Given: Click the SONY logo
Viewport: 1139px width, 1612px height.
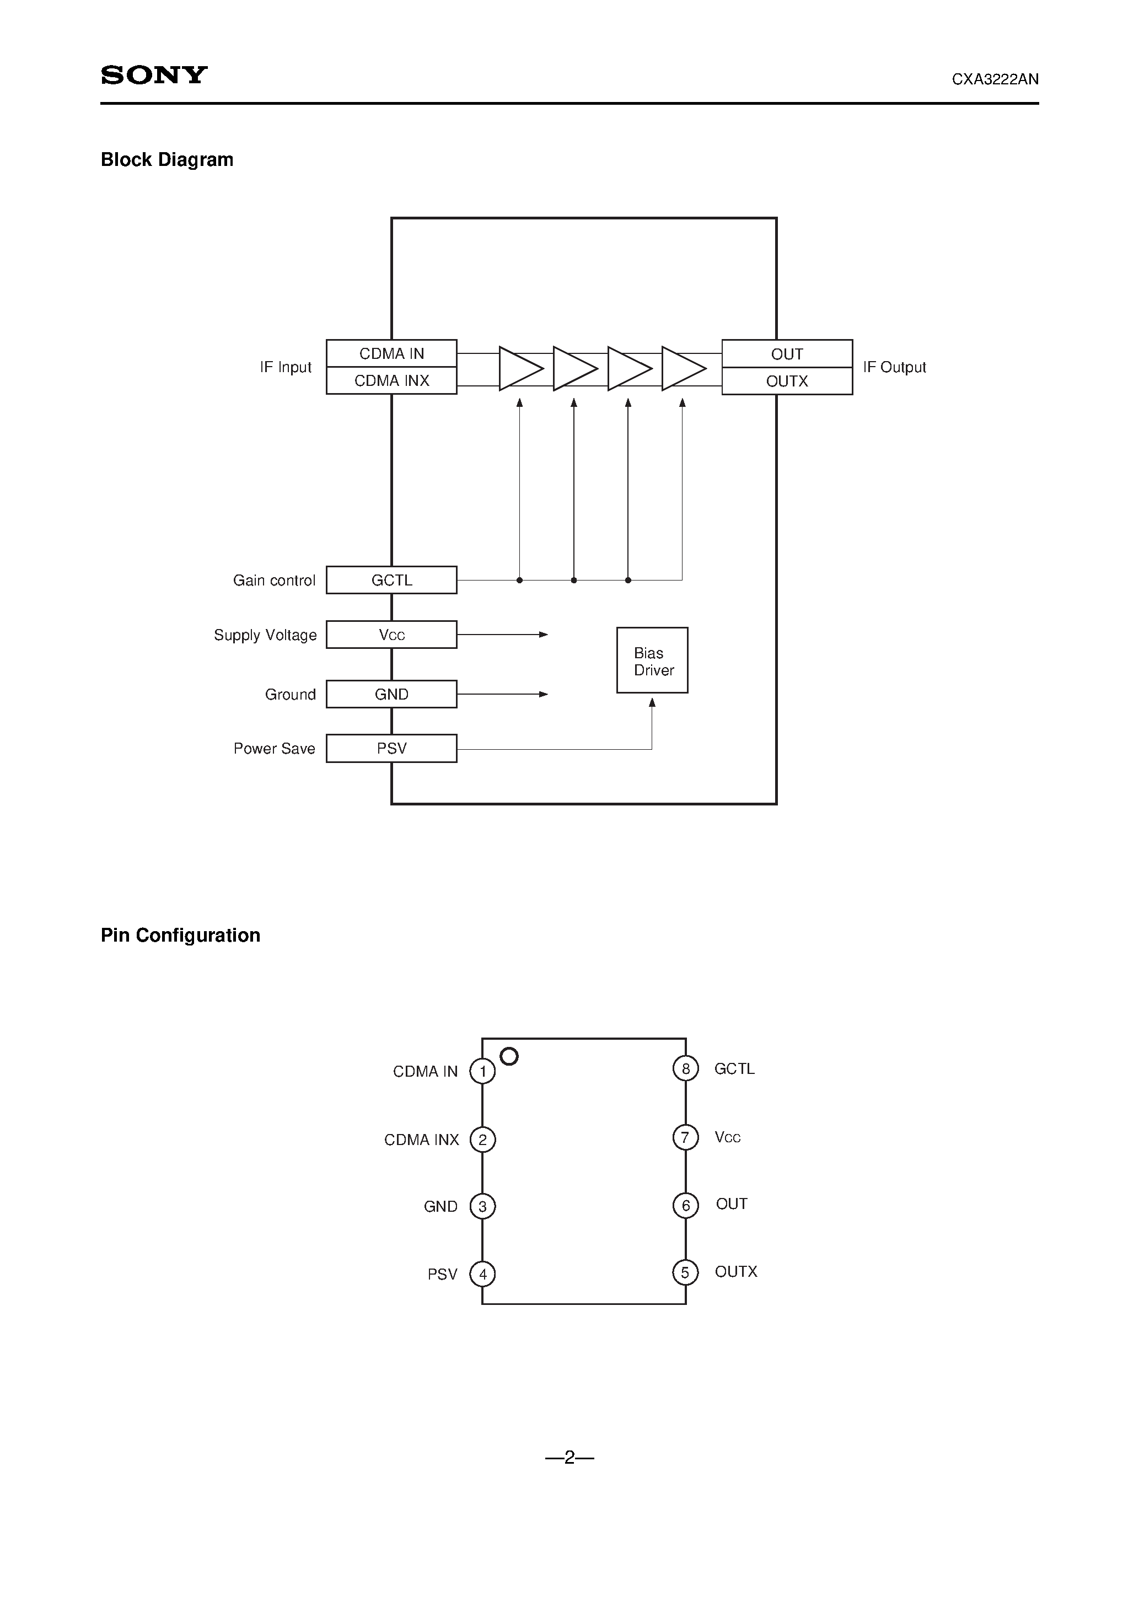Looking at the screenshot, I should point(154,75).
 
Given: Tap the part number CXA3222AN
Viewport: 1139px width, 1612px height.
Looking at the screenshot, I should point(995,79).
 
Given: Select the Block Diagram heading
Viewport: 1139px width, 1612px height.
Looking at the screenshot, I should point(167,160).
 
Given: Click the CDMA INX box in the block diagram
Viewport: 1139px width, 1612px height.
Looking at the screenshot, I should point(391,380).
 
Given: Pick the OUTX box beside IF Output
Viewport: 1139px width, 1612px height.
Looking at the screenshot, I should point(787,381).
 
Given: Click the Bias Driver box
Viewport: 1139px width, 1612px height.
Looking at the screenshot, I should point(652,660).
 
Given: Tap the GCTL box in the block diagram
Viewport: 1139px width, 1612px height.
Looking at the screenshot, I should point(391,580).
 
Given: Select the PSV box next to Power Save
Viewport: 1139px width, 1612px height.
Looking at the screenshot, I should point(391,749).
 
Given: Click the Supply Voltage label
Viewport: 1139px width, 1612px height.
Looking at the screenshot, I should point(265,636).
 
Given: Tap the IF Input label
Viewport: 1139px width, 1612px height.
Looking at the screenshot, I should point(285,367).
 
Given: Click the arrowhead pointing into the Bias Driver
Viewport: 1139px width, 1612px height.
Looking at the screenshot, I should point(652,703).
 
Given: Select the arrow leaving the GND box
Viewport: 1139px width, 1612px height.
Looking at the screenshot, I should point(503,695).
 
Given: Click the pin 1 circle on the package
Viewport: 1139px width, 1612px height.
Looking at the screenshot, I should point(482,1071).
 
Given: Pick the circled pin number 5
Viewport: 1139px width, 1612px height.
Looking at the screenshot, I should point(685,1272).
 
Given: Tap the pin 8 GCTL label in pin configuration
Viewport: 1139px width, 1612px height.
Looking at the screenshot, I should point(734,1068).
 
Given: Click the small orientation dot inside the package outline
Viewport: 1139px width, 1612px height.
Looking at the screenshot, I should point(508,1056).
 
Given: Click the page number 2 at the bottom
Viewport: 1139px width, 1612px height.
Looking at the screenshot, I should point(569,1458).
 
